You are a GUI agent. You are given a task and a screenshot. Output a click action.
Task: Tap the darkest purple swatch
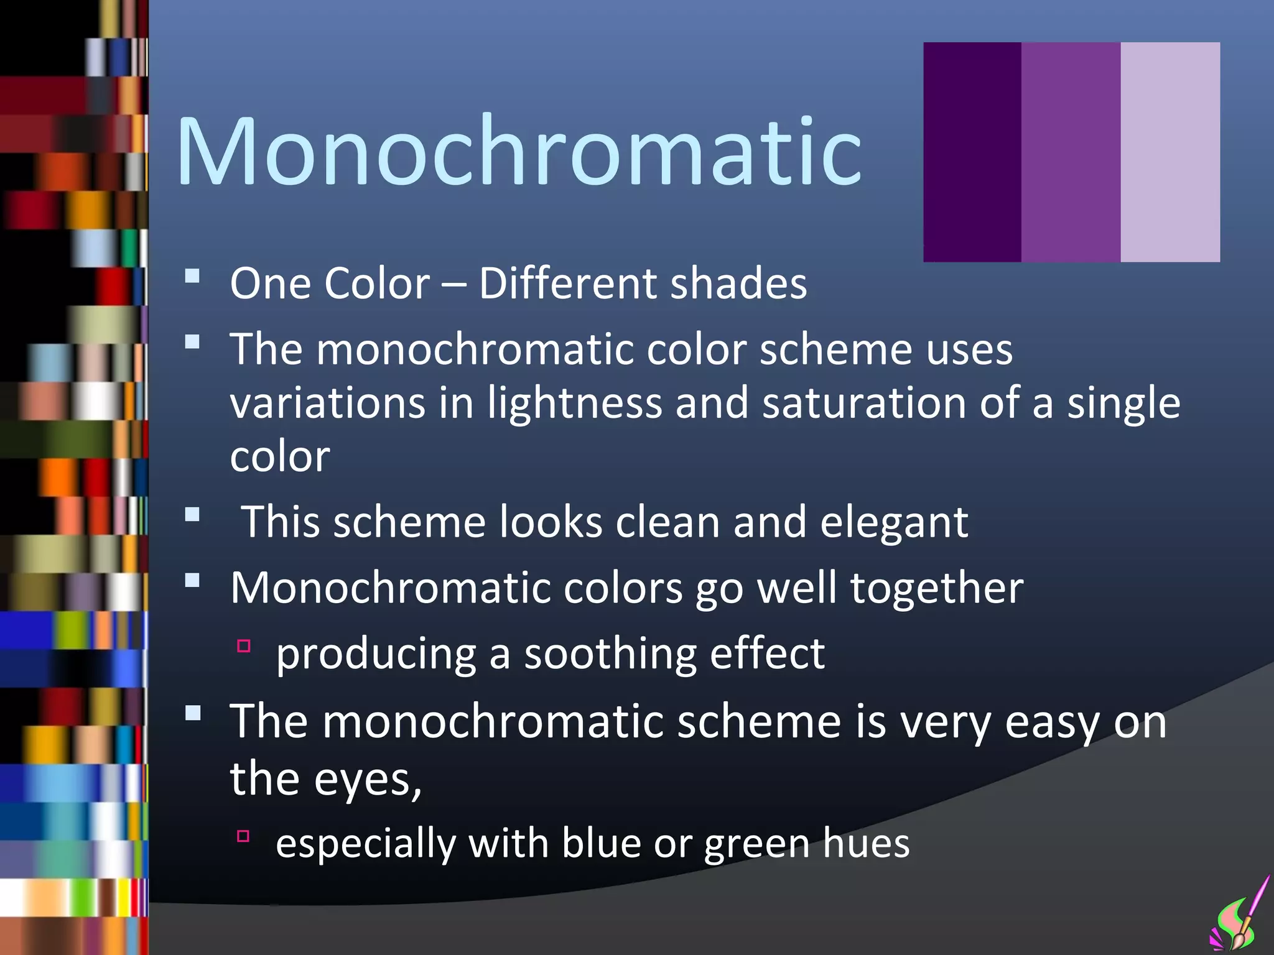(x=972, y=152)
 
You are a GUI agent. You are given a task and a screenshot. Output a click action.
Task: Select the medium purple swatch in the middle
(x=1071, y=152)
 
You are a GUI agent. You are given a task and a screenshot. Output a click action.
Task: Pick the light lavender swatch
(x=1170, y=152)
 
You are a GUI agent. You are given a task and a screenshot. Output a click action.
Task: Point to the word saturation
(x=864, y=403)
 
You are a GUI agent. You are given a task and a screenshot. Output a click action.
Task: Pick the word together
(x=936, y=588)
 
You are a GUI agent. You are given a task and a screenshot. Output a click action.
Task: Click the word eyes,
(x=368, y=780)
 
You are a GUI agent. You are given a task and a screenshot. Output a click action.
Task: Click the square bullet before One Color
(x=192, y=276)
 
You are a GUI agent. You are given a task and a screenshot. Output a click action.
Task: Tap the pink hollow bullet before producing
(x=243, y=646)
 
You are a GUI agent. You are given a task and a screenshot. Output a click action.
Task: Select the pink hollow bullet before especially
(x=243, y=836)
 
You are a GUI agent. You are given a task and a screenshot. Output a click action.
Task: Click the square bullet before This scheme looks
(x=192, y=515)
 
